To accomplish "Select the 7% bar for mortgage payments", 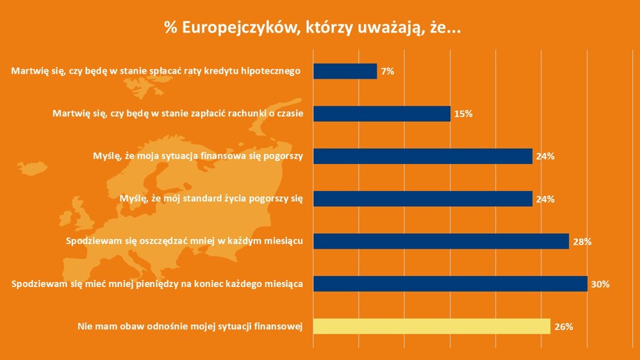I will tap(345, 71).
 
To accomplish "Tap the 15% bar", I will tap(382, 114).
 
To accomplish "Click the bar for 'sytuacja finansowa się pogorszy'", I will tap(423, 156).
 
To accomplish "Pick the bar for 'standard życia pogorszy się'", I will tap(423, 199).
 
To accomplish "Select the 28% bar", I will tap(441, 241).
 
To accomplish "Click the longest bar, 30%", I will tap(450, 284).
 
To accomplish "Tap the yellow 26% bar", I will tap(432, 326).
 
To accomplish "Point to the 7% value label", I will tap(388, 72).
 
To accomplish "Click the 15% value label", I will tap(463, 114).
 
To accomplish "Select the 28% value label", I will tap(582, 242).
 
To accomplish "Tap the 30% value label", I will tap(600, 284).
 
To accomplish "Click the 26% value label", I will tap(563, 327).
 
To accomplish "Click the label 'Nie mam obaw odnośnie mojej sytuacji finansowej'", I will tap(190, 327).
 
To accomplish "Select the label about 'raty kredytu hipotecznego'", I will tap(156, 71).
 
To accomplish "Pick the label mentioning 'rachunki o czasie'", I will tap(177, 114).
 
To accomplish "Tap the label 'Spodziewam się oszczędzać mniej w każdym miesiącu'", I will tap(185, 241).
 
